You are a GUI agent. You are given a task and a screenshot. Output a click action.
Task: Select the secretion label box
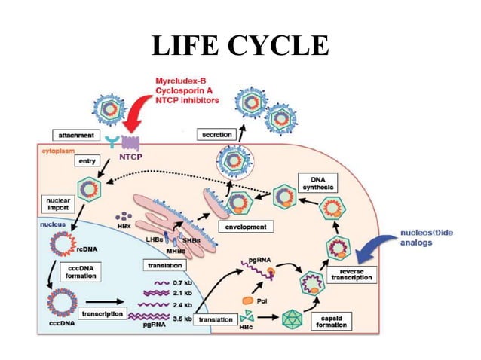[217, 134]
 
